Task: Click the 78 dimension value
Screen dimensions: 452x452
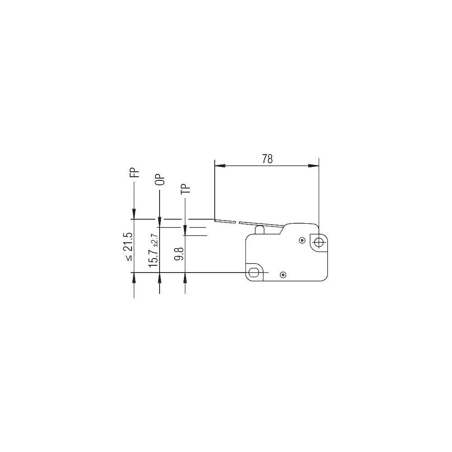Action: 267,159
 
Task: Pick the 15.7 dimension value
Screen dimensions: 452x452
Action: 153,258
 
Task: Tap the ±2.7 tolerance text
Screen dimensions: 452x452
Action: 155,240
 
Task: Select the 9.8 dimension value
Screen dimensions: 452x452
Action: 179,254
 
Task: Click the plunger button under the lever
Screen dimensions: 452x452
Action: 260,230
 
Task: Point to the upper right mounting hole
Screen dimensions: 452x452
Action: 318,242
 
